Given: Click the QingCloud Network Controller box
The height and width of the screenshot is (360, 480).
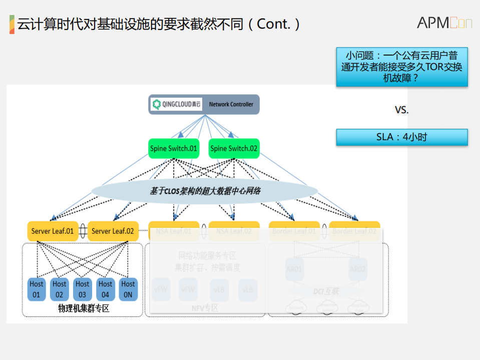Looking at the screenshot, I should (x=204, y=104).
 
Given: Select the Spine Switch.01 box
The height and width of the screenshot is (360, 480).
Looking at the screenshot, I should (x=174, y=148).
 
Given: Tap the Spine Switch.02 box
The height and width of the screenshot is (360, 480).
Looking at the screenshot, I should (x=234, y=148).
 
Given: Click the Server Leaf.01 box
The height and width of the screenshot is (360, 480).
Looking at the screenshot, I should (x=53, y=231).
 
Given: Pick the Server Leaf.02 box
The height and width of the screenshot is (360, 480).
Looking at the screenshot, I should (x=113, y=231).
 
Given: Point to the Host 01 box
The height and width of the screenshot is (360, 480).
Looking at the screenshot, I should (x=37, y=289).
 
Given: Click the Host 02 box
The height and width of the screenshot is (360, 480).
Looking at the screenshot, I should (x=60, y=289).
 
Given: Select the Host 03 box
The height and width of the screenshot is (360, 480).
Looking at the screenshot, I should (x=83, y=289).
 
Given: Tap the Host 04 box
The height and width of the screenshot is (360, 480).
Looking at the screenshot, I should (x=105, y=289).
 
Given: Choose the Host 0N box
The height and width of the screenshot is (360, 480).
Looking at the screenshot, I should (x=128, y=289).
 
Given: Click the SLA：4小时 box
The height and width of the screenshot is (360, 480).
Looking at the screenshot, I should (x=401, y=137).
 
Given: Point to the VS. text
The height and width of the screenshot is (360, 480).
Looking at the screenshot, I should (x=401, y=110).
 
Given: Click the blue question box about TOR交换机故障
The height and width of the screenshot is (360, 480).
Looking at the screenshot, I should (x=401, y=67).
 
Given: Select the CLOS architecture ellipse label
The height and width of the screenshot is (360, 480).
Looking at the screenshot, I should (x=205, y=191).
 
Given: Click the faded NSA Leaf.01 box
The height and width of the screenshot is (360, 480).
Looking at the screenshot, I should (x=174, y=231).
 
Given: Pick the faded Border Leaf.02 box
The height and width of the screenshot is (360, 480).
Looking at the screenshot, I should (x=354, y=231).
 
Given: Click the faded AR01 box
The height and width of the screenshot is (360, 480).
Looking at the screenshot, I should (x=294, y=269).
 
